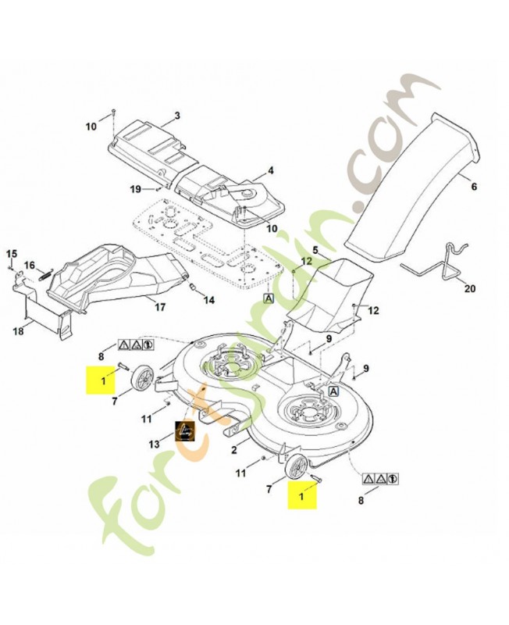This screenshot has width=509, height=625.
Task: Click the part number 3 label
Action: coord(176,116)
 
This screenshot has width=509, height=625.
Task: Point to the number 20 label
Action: coord(468,289)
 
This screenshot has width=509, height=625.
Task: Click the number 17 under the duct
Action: coord(159,308)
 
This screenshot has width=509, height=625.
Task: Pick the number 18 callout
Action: coord(18,330)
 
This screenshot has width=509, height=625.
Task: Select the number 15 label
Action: coord(12,254)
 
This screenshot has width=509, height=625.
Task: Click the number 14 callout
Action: coord(209,300)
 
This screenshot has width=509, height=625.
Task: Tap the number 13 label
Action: coord(155,443)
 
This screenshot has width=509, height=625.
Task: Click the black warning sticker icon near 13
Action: coord(185,431)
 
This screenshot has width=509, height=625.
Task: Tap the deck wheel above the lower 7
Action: coord(296,470)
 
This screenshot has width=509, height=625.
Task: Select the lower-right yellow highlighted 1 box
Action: coord(301,495)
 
